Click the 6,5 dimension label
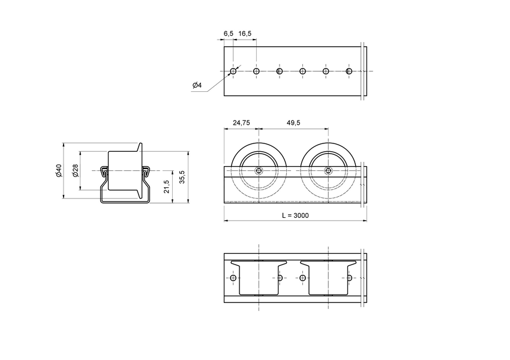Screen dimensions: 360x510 [x=228, y=34]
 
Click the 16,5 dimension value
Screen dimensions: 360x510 [x=245, y=34]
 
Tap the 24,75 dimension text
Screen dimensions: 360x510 [x=241, y=122]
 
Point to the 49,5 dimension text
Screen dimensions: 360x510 [x=293, y=122]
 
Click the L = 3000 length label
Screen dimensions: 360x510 [x=295, y=215]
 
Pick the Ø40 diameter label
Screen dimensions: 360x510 [x=59, y=171]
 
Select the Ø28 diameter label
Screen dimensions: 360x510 [x=76, y=171]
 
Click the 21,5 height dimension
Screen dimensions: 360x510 [x=167, y=187]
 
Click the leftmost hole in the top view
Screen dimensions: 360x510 [x=233, y=71]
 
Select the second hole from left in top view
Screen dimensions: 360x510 [x=256, y=71]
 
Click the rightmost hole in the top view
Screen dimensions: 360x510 [x=349, y=71]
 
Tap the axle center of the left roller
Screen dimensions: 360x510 [x=259, y=170]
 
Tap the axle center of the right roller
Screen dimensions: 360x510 [x=328, y=170]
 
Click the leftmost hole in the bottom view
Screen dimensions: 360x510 [x=233, y=278]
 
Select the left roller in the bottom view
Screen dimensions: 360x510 [x=259, y=277]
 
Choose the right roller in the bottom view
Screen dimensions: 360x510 [x=328, y=277]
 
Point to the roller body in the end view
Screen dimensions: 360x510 [x=122, y=170]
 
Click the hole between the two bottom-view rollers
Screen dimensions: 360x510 [x=302, y=278]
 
